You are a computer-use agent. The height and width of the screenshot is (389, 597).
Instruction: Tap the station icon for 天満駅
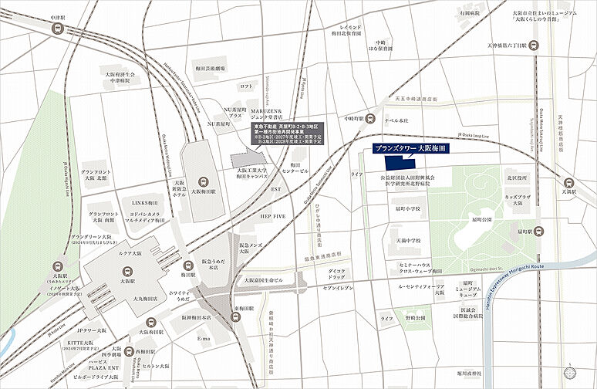point(569,184)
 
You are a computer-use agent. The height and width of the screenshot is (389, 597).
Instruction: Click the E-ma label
point(204,339)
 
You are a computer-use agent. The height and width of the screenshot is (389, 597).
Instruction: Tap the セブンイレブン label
point(337,288)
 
